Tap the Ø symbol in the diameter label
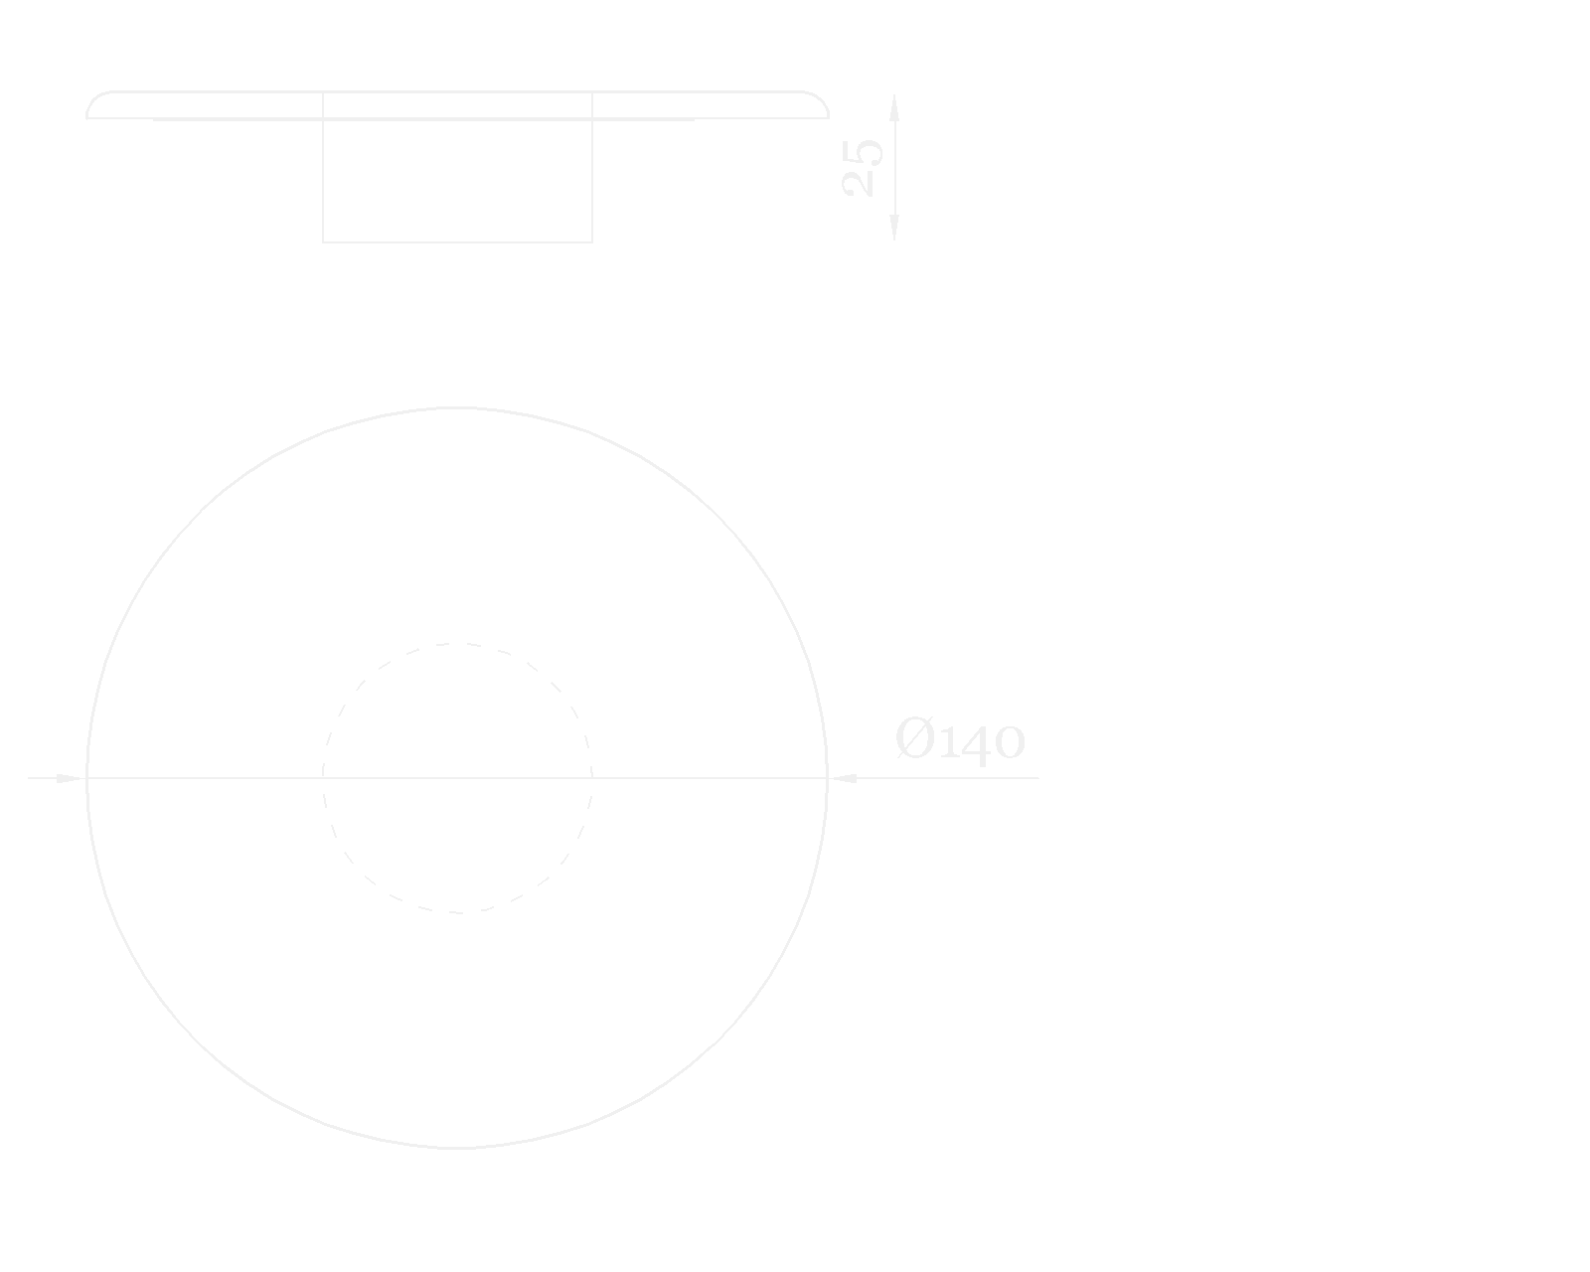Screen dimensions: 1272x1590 click(915, 739)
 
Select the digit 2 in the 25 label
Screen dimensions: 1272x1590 click(863, 184)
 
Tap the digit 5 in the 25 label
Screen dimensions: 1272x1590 click(863, 153)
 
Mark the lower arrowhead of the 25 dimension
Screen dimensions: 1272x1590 click(894, 228)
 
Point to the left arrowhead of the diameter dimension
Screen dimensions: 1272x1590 click(70, 778)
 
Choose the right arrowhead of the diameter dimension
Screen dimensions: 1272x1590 click(843, 778)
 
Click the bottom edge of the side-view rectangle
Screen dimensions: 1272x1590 click(457, 241)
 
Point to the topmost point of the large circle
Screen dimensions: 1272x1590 click(456, 407)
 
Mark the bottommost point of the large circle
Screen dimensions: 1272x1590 click(456, 1148)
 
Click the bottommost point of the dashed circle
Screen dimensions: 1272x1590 click(457, 911)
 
